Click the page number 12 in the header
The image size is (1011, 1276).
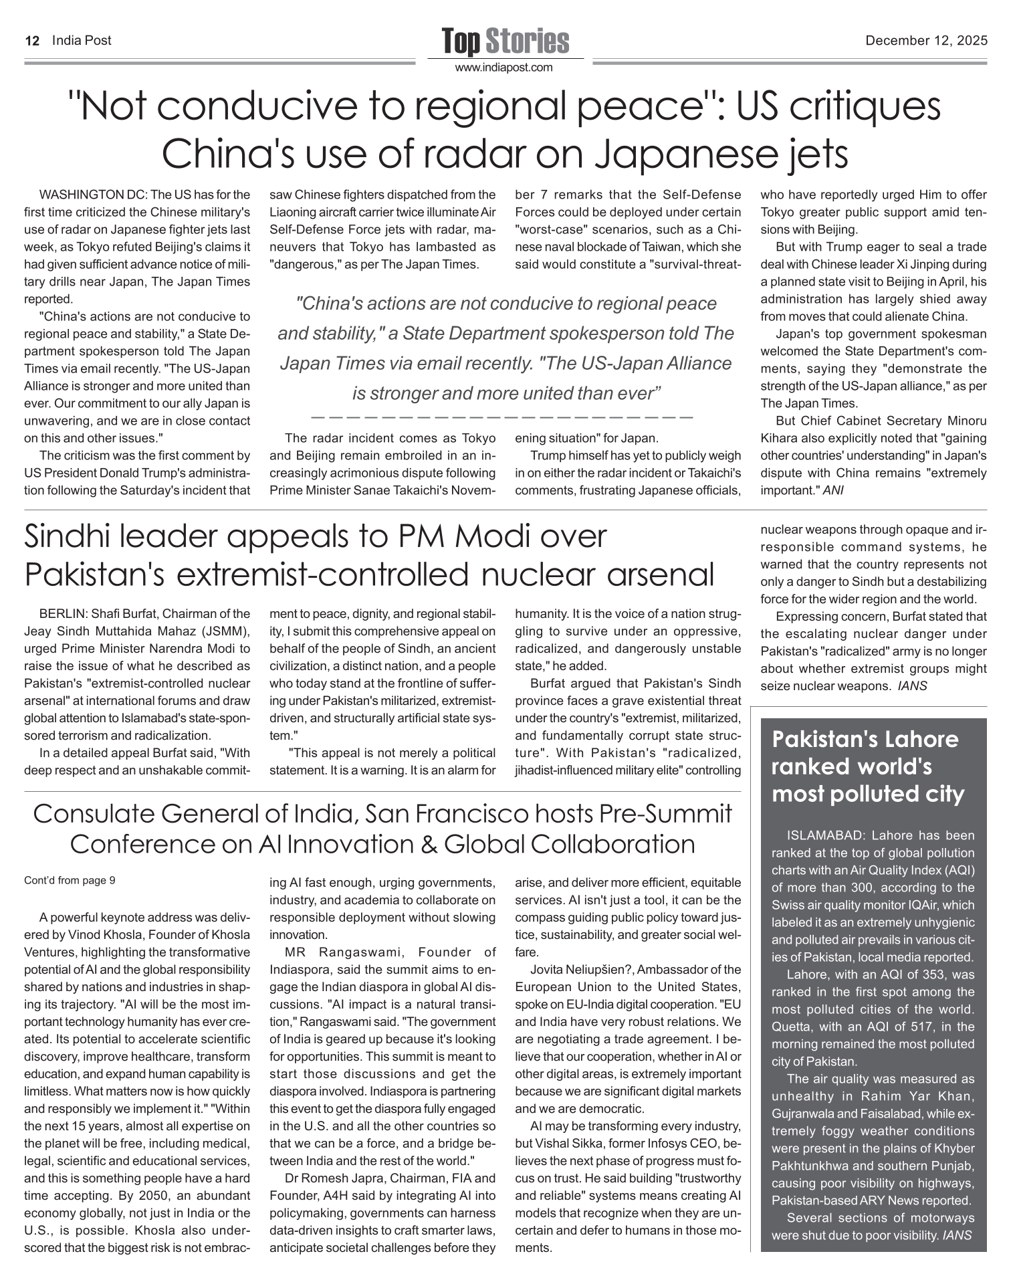(x=31, y=41)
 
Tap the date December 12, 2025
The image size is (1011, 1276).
(x=926, y=41)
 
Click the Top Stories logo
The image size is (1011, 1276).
(x=505, y=41)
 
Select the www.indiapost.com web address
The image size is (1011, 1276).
(x=505, y=68)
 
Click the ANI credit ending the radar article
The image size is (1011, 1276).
(x=833, y=490)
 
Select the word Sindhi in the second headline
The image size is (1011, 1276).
(x=79, y=537)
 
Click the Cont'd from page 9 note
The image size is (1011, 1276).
(x=70, y=880)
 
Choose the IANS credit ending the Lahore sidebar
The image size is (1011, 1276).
(x=957, y=1235)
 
